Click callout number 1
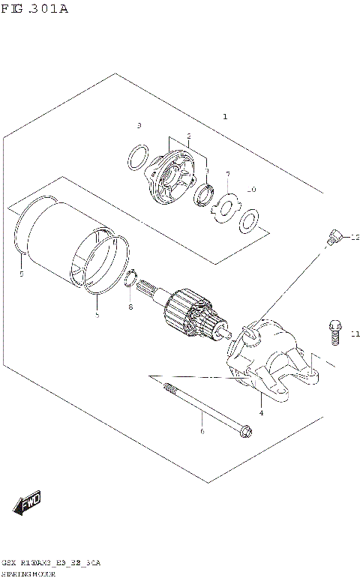pos(224,117)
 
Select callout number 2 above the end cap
pos(189,136)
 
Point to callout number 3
pos(139,124)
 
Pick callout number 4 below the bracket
pos(260,412)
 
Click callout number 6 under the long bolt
pos(201,431)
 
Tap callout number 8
pos(130,307)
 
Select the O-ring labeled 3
pos(136,158)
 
